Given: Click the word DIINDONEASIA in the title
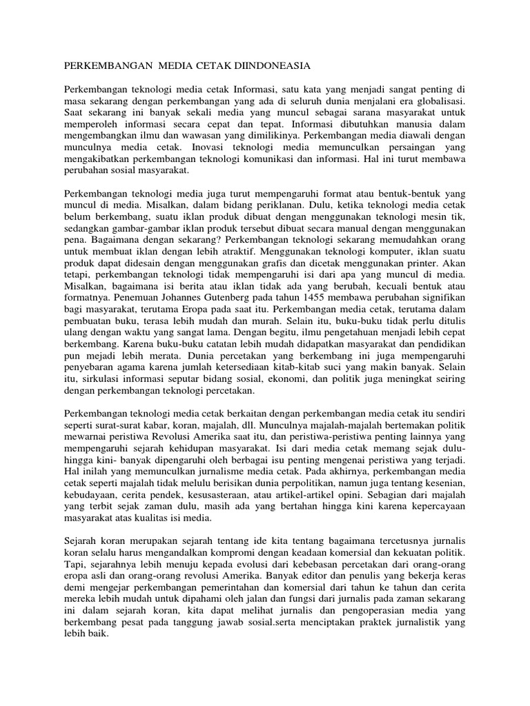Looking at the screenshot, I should coord(270,66).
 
